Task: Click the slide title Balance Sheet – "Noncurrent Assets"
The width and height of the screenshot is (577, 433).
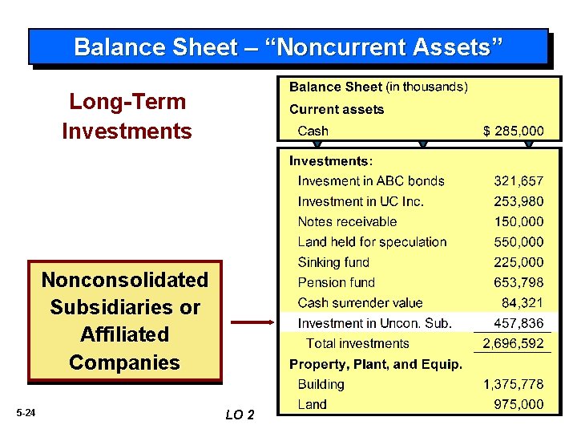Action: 288,47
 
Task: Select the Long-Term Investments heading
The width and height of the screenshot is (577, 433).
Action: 127,116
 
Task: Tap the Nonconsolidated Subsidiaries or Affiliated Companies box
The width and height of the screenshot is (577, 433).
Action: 124,321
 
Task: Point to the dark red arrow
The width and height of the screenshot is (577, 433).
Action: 252,323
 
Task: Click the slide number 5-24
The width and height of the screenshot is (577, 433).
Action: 26,413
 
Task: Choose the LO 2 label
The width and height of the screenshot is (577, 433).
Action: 240,415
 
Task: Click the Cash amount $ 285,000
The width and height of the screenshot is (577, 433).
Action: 513,131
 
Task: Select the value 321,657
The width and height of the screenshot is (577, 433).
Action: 518,181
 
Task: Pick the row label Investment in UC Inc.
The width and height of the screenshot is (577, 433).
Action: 361,201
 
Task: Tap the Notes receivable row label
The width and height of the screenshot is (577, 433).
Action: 347,221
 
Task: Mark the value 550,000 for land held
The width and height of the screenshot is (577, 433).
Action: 518,242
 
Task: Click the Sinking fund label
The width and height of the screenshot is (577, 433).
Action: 333,262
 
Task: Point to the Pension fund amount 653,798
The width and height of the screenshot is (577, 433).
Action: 518,282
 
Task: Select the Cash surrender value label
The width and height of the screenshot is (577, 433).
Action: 360,302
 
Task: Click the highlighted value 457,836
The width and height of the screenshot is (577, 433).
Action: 518,323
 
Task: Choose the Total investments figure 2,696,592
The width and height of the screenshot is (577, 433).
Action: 513,344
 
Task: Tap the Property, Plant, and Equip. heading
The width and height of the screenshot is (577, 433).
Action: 375,364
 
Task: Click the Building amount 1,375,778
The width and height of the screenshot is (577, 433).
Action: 513,385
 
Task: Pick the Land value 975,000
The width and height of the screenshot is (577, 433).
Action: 518,405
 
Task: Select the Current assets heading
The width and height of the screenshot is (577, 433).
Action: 336,109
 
